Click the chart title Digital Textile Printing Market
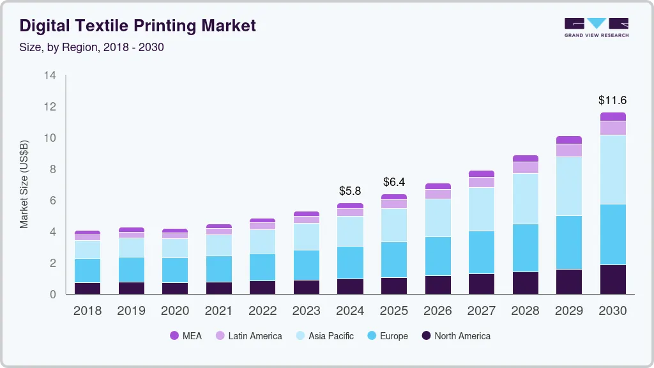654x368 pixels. [137, 26]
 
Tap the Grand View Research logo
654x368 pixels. [596, 27]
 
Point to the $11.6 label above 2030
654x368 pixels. [612, 100]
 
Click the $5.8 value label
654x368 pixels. [350, 191]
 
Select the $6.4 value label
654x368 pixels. [394, 182]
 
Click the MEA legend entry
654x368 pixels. [186, 336]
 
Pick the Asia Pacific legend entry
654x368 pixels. [324, 336]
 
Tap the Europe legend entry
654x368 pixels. [386, 336]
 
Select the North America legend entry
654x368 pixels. [455, 336]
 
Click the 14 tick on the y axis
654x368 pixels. [50, 75]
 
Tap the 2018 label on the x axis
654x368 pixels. [87, 311]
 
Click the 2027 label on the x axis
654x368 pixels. [481, 311]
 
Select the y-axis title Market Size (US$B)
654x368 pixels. [24, 185]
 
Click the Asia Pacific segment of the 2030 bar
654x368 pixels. [612, 169]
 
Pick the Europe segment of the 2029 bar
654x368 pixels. [569, 243]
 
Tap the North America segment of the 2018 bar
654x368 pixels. [87, 288]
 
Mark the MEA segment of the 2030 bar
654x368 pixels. [612, 117]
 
